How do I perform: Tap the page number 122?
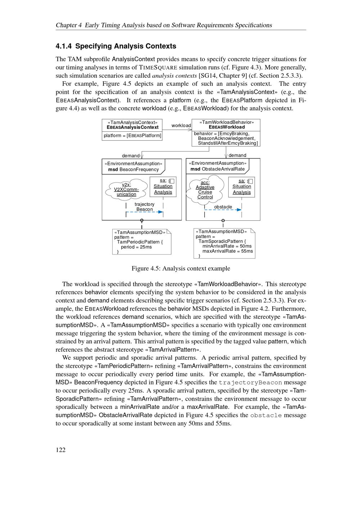pos(60,449)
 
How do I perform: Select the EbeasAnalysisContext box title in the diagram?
pos(132,127)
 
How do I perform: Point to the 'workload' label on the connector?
pos(181,125)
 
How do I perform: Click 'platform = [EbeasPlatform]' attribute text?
pos(132,136)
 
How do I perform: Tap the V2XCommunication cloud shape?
pos(126,189)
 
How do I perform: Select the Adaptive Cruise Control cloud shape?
pos(205,190)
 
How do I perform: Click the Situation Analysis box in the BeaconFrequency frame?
pos(163,186)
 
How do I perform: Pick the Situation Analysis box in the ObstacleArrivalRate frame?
pos(242,187)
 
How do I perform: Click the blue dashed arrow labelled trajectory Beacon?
pos(145,212)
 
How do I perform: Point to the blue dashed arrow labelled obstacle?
pos(223,210)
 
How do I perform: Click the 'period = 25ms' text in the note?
pos(136,247)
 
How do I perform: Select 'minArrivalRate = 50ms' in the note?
pos(227,246)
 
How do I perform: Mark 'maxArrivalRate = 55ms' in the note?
pos(228,251)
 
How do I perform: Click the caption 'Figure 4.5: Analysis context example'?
pos(181,269)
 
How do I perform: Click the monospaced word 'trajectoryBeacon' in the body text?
pos(250,382)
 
